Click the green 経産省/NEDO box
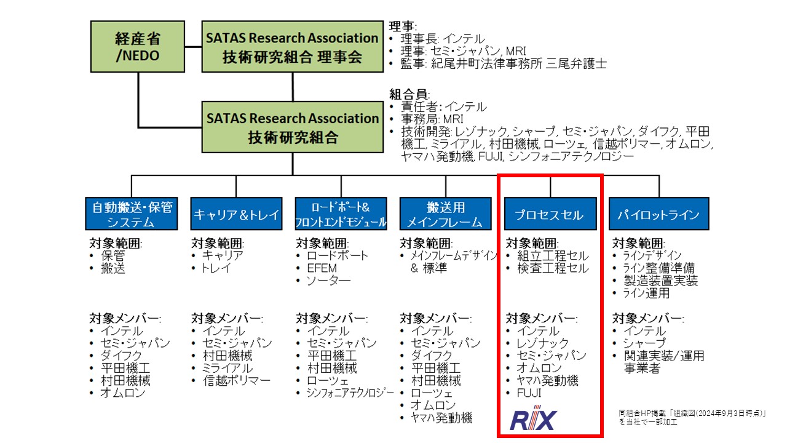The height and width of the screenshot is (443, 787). pyautogui.click(x=137, y=47)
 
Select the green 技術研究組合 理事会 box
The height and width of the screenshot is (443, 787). pyautogui.click(x=293, y=47)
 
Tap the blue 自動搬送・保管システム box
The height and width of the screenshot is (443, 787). pyautogui.click(x=131, y=214)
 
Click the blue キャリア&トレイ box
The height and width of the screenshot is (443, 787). pyautogui.click(x=236, y=214)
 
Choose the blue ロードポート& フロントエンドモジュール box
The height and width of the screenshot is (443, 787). pyautogui.click(x=341, y=214)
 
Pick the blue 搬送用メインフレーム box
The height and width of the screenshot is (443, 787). pyautogui.click(x=446, y=214)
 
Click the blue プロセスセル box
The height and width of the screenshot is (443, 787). pyautogui.click(x=550, y=214)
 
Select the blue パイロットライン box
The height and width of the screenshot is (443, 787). pyautogui.click(x=658, y=214)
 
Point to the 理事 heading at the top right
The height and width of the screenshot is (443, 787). pyautogui.click(x=403, y=26)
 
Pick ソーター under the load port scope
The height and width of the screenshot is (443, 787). pyautogui.click(x=329, y=281)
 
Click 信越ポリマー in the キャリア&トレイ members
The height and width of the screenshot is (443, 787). pyautogui.click(x=237, y=380)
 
